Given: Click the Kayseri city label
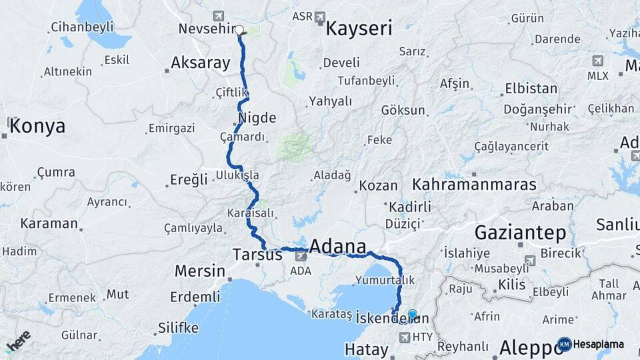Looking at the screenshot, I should pyautogui.click(x=358, y=29).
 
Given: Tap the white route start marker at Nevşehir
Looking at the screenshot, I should pyautogui.click(x=239, y=30).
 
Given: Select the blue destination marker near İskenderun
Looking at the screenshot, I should pyautogui.click(x=412, y=315).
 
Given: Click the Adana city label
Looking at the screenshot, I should pyautogui.click(x=338, y=245).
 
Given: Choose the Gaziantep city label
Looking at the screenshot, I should pyautogui.click(x=520, y=233).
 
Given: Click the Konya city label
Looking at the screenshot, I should pyautogui.click(x=37, y=126).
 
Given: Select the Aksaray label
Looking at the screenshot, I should pyautogui.click(x=200, y=63).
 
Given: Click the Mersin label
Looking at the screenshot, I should pyautogui.click(x=199, y=271).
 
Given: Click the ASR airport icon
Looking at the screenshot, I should pyautogui.click(x=320, y=16).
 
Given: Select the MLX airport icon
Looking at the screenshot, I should pyautogui.click(x=598, y=61).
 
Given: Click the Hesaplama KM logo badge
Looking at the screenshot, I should pyautogui.click(x=565, y=344).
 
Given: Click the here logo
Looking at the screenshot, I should pyautogui.click(x=18, y=342).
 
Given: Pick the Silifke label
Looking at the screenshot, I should pyautogui.click(x=178, y=328).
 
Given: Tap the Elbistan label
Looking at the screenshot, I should pyautogui.click(x=531, y=88).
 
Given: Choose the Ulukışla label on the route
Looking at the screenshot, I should pyautogui.click(x=237, y=175).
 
